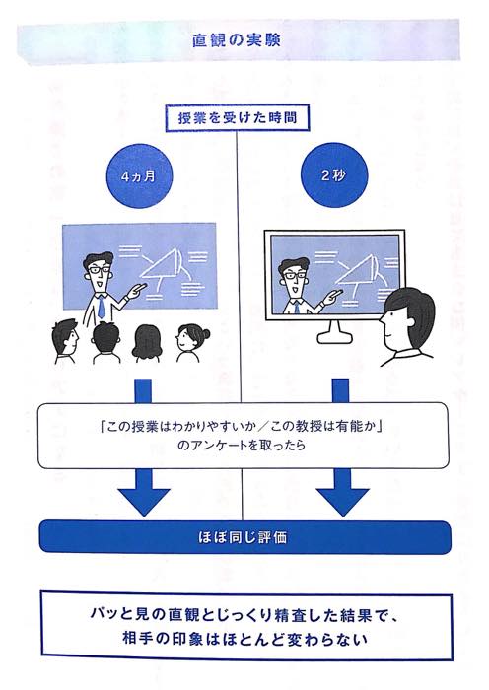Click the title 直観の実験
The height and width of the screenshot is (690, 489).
coord(236,40)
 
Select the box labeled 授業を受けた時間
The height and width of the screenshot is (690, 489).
coord(238,118)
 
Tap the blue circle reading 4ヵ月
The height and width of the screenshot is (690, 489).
coord(139,176)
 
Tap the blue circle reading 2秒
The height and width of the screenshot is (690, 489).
coord(333,175)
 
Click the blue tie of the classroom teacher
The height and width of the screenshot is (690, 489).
coord(101,306)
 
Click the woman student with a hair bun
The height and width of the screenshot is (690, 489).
coord(192,342)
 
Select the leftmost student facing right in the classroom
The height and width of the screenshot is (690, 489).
coord(64,341)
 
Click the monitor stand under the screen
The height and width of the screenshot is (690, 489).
coord(336,332)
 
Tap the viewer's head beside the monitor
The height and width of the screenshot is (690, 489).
coord(407,316)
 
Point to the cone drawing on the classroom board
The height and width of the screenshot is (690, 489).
coord(164,268)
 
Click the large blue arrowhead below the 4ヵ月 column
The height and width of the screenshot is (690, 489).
coord(144,501)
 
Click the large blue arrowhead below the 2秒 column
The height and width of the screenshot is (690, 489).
coord(342,501)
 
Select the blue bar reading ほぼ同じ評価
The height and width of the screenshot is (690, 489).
coord(244,537)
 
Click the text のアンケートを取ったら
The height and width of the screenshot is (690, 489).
coord(242,445)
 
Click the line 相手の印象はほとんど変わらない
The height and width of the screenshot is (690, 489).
coord(244,640)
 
